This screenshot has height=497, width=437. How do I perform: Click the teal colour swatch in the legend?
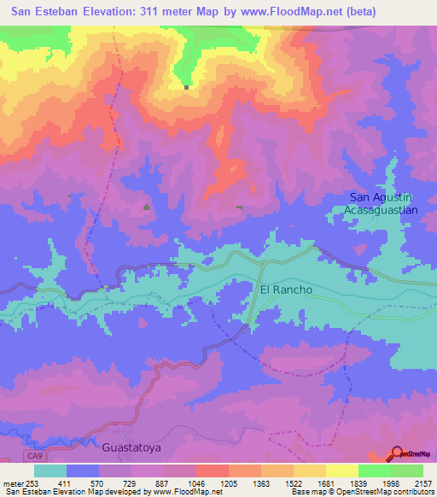coord(50,471)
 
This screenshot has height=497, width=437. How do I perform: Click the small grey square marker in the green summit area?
coord(186,86)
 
